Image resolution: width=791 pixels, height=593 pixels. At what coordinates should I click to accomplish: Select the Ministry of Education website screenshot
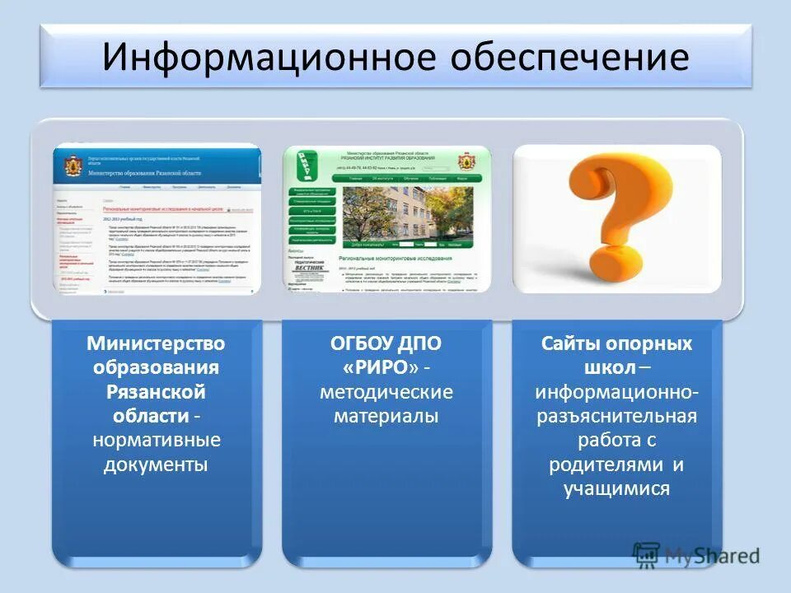point(157,218)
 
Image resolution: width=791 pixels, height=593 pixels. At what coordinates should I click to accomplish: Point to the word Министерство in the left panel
point(157,342)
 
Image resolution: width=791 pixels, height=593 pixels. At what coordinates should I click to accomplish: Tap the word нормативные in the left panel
point(157,441)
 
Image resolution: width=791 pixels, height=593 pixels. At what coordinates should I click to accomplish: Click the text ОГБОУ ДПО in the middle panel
point(386,342)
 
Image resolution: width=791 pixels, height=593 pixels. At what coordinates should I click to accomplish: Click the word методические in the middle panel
point(386,391)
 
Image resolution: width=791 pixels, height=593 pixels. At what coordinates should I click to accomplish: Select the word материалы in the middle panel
point(386,416)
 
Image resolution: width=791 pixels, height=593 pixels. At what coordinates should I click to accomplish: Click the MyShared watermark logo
point(696,555)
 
